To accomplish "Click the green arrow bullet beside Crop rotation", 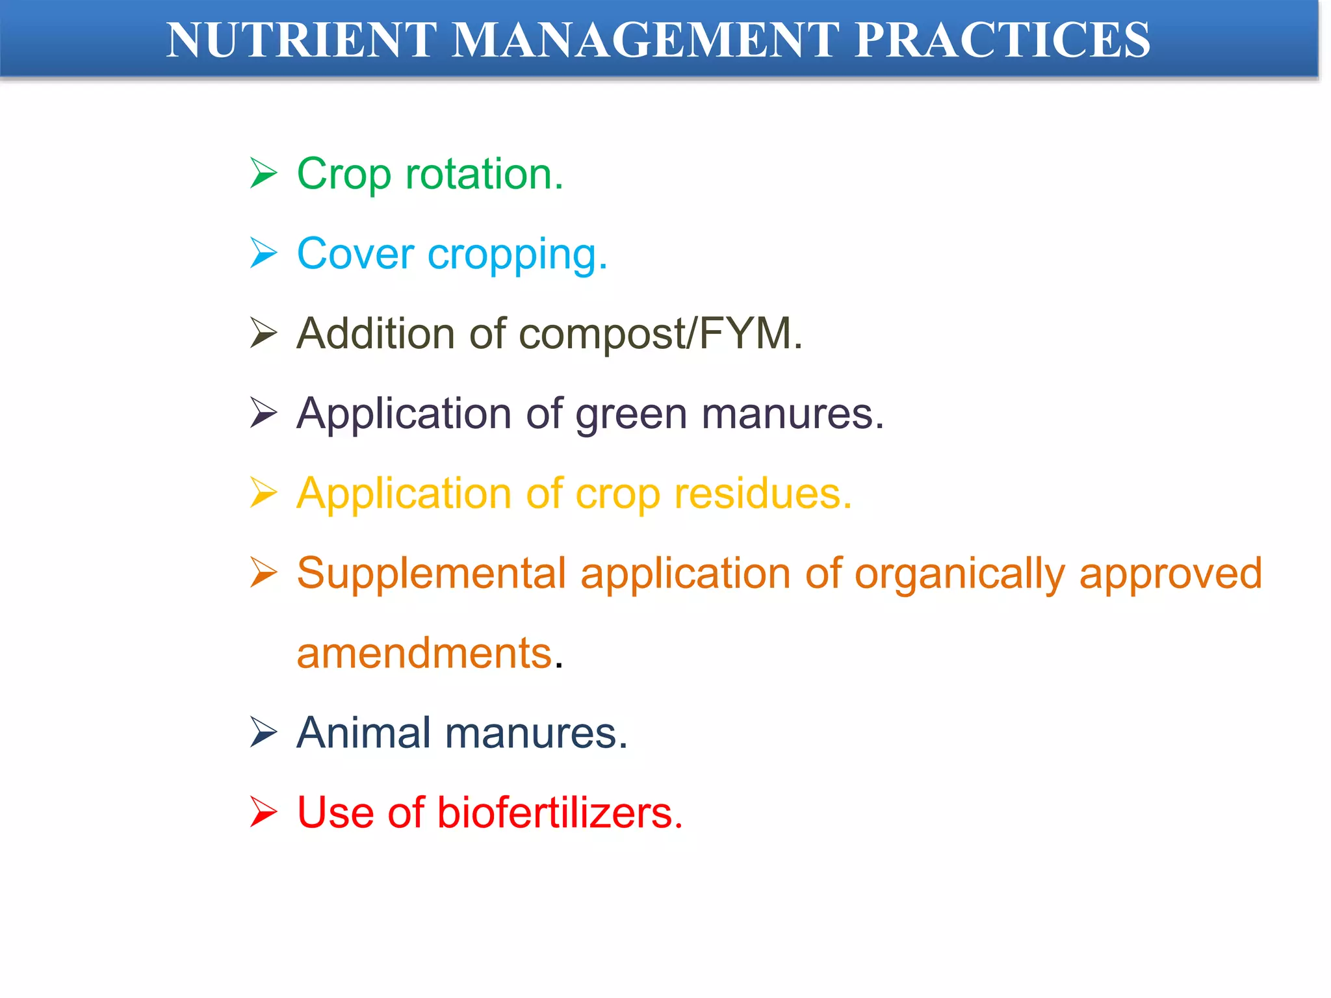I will click(x=263, y=174).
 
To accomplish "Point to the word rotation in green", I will click(x=484, y=174).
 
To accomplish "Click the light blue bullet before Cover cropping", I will click(x=263, y=253).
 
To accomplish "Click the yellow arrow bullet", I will click(x=263, y=493).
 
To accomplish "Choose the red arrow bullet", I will click(x=263, y=813).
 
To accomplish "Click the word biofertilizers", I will click(x=560, y=813).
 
